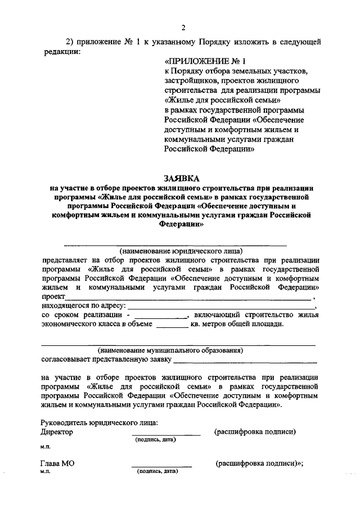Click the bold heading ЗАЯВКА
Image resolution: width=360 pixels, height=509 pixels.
tap(181, 178)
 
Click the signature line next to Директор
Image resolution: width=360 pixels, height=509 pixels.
tap(166, 435)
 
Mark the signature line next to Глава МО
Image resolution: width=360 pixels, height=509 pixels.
tap(161, 466)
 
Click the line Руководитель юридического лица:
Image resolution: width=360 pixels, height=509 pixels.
tap(99, 423)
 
